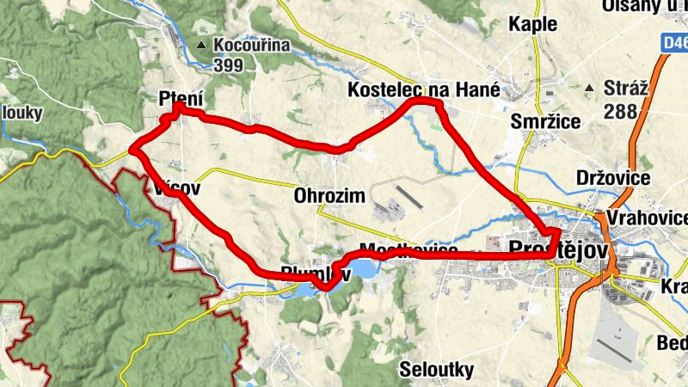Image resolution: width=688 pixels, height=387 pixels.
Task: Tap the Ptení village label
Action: pos(181,99)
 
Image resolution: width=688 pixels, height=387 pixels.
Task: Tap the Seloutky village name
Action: pos(437,370)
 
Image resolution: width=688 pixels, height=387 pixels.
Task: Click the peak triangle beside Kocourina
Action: pos(201,45)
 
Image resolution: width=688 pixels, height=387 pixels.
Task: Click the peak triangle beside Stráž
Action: pos(589,88)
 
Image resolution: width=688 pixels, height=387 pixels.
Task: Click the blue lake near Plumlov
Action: pos(362,270)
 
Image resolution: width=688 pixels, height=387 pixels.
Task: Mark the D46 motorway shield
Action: pos(675,41)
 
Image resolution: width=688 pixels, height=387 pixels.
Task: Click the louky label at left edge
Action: pos(21,113)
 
